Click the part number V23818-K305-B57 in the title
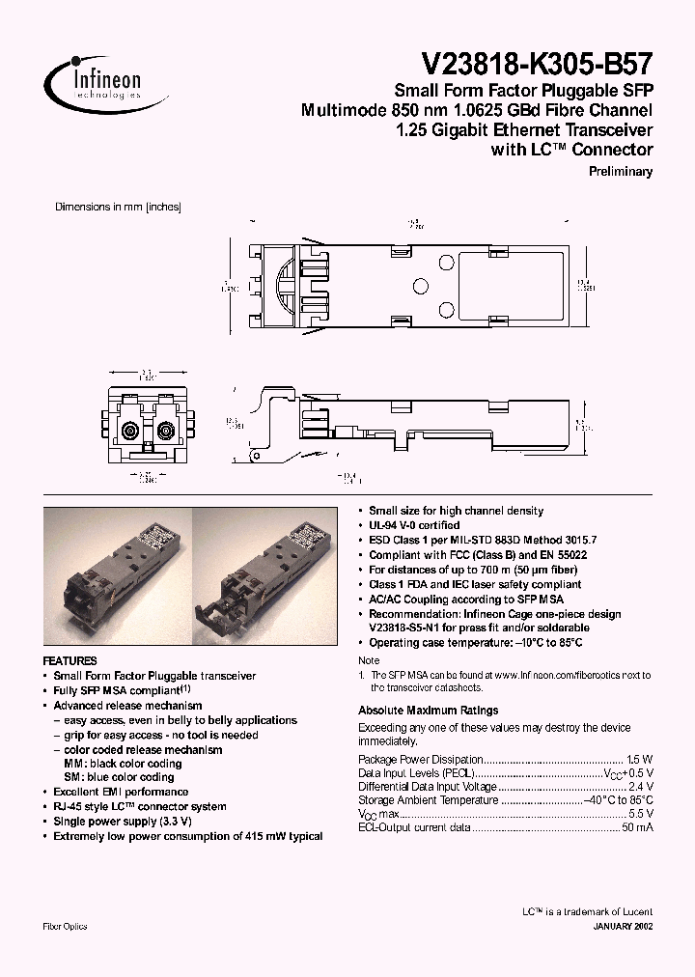tap(538, 65)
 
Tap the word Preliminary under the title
tap(621, 171)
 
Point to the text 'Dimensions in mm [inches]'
tap(118, 207)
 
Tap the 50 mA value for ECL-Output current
tap(636, 828)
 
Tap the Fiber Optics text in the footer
tap(66, 927)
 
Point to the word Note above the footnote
tap(369, 660)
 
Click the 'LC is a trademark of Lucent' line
tap(587, 911)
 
